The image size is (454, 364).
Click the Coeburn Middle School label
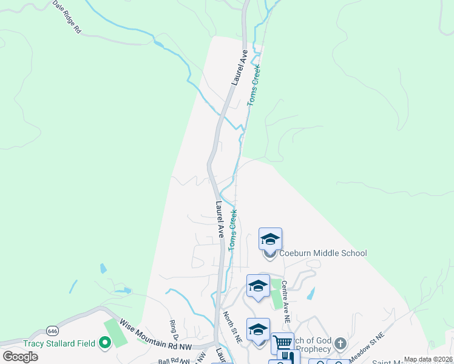pyautogui.click(x=323, y=253)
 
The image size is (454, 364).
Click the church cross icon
pyautogui.click(x=340, y=344)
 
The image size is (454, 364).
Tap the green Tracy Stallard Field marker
pyautogui.click(x=104, y=343)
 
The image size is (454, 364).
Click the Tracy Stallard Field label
pyautogui.click(x=59, y=343)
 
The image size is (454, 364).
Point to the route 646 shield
pyautogui.click(x=52, y=331)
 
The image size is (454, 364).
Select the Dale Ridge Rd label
pyautogui.click(x=67, y=16)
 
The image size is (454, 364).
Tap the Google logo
pyautogui.click(x=20, y=356)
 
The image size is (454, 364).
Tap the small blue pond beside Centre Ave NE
pyautogui.click(x=311, y=294)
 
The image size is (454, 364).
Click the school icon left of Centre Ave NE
pyautogui.click(x=258, y=286)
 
